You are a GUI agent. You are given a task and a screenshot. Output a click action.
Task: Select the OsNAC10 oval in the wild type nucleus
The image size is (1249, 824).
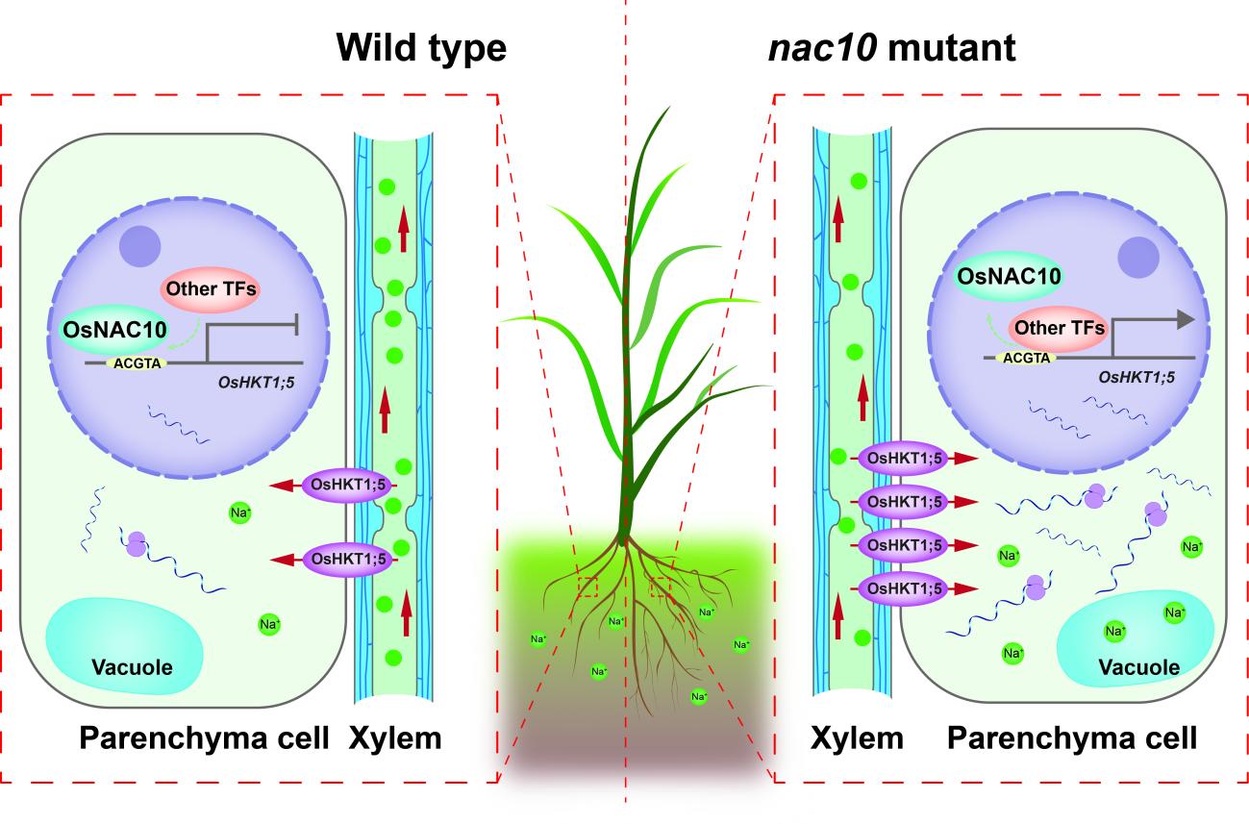point(112,330)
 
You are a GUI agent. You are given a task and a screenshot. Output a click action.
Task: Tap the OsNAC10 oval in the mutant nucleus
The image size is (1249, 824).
point(1008,277)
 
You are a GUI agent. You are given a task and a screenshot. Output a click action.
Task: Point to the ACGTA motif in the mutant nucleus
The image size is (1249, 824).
point(1028,357)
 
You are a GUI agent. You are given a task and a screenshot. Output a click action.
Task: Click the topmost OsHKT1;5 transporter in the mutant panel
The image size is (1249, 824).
point(903,459)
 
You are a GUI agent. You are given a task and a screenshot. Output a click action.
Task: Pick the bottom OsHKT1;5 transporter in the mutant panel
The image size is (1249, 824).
point(903,586)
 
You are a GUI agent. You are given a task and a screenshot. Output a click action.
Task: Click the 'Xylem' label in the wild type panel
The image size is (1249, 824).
point(394,738)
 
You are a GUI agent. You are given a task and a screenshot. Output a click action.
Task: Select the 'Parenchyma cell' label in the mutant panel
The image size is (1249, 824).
point(1072,738)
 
